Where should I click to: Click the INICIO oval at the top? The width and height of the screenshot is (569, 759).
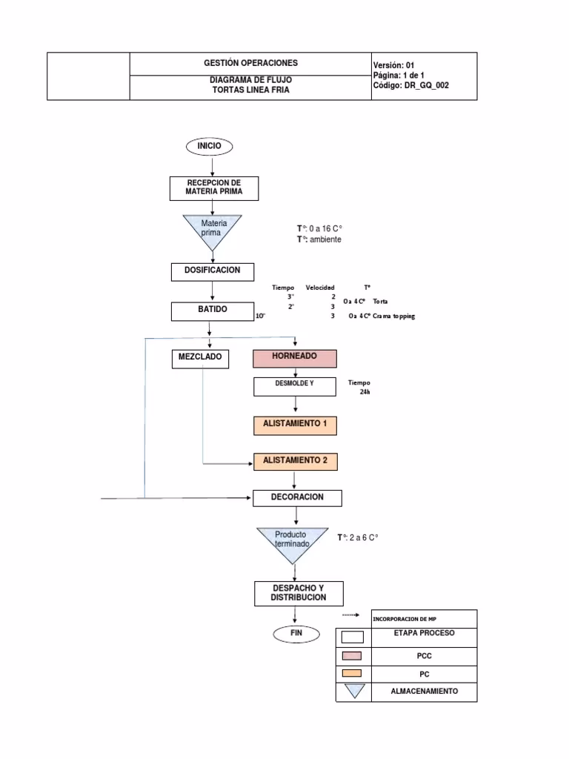point(209,146)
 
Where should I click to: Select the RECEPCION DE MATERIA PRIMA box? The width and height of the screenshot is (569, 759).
point(213,188)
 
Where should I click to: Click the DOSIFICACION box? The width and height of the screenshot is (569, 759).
point(212,271)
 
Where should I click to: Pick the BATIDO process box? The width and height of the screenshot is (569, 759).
point(212,311)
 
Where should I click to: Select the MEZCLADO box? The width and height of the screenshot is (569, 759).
point(200,359)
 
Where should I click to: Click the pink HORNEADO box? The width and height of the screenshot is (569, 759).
point(295,359)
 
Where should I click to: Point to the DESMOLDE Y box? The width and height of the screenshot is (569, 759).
point(296,386)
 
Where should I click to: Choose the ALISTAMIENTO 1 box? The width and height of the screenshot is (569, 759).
point(296,425)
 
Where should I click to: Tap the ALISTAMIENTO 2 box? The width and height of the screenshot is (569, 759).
point(296,462)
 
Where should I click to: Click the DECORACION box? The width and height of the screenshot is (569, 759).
point(297,497)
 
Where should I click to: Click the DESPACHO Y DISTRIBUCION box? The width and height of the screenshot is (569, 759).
point(297,593)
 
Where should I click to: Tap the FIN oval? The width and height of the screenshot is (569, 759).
point(295,633)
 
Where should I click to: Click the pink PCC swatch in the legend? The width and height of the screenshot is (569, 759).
point(353,655)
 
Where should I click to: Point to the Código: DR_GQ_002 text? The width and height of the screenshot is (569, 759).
point(411,86)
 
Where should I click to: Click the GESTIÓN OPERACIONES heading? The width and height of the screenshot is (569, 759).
point(250,64)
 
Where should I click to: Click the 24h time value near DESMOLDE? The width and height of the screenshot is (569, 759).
point(365,392)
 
